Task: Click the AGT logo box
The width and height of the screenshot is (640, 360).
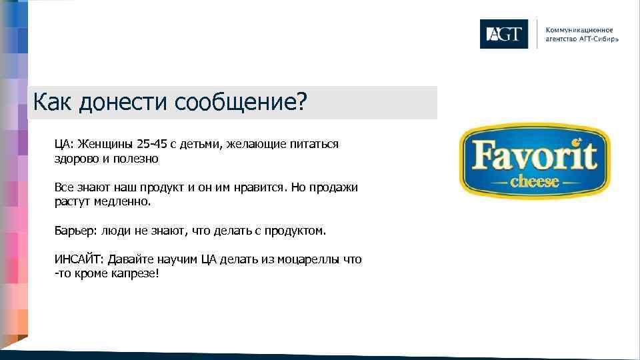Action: pyautogui.click(x=503, y=34)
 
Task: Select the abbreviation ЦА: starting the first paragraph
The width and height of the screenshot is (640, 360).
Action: pyautogui.click(x=63, y=145)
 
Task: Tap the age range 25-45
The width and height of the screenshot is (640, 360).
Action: pyautogui.click(x=153, y=145)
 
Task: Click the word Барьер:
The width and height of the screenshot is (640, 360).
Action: pyautogui.click(x=75, y=231)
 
